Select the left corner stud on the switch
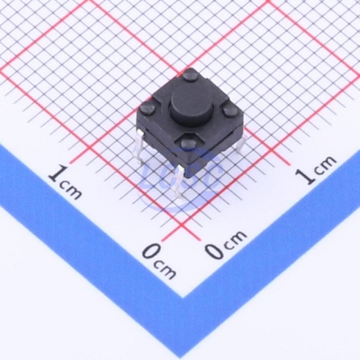(x=148, y=109)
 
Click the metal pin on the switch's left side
(x=140, y=146)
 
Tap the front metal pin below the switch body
(x=177, y=181)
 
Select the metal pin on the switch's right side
(x=242, y=142)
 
